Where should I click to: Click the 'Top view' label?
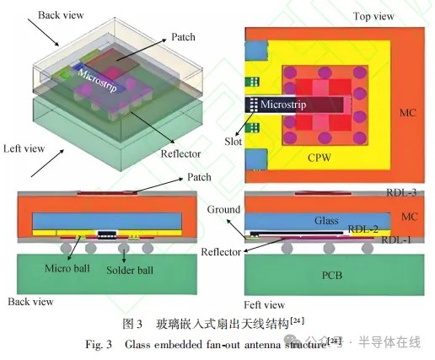[373, 16]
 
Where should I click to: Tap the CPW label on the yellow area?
[320, 158]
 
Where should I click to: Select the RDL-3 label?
[401, 192]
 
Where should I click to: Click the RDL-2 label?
[362, 229]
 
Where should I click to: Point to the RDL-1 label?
[395, 239]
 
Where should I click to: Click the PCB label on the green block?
[332, 275]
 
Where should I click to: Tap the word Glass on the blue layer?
[326, 220]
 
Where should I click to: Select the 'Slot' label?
[233, 141]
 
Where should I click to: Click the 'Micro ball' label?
[67, 268]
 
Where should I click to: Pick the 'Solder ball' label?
[130, 271]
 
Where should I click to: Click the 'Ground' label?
[223, 209]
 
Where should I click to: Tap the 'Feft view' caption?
[264, 305]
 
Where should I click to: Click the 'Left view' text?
[24, 148]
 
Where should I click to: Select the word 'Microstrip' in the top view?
[283, 105]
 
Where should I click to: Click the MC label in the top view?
[407, 113]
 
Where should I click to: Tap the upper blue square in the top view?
[256, 51]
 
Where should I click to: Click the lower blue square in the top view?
[256, 159]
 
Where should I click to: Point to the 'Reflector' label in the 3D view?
[180, 154]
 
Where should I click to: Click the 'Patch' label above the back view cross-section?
[199, 177]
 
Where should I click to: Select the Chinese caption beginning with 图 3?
[213, 324]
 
